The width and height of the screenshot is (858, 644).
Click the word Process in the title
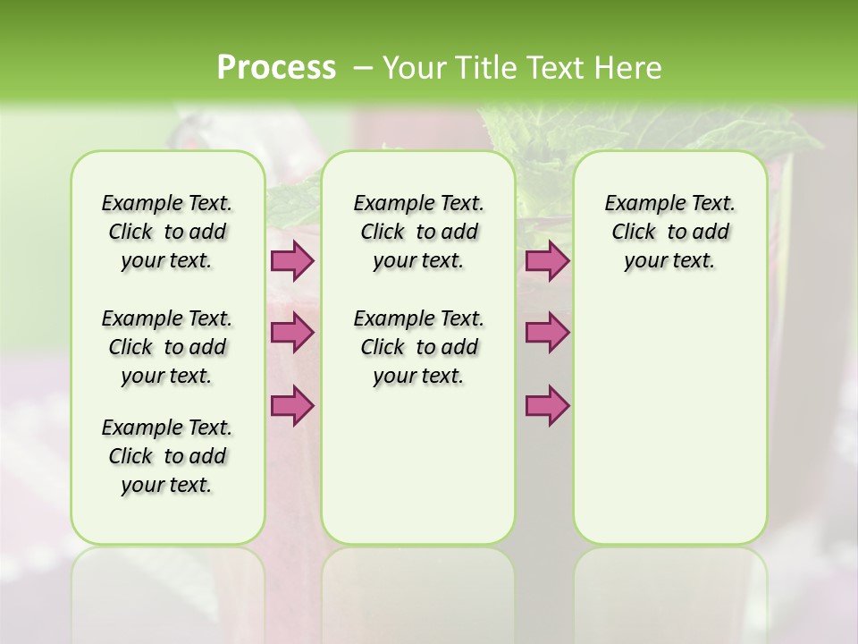pyautogui.click(x=276, y=67)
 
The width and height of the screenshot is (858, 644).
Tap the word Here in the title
pyautogui.click(x=629, y=68)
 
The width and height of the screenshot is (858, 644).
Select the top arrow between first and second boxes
pyautogui.click(x=292, y=261)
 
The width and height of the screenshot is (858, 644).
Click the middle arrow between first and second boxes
pyautogui.click(x=292, y=334)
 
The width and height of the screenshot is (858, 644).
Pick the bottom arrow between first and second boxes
pyautogui.click(x=292, y=406)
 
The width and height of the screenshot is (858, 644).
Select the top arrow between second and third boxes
pyautogui.click(x=547, y=261)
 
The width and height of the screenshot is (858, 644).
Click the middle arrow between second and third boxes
pyautogui.click(x=547, y=334)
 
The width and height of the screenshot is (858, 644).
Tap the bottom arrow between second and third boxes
pyautogui.click(x=547, y=406)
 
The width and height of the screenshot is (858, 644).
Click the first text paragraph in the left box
pyautogui.click(x=167, y=232)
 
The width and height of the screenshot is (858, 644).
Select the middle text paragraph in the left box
pyautogui.click(x=167, y=347)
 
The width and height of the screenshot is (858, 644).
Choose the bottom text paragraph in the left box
pyautogui.click(x=167, y=456)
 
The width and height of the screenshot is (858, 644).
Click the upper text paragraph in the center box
pyautogui.click(x=418, y=232)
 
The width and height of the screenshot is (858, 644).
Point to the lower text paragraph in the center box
pyautogui.click(x=418, y=347)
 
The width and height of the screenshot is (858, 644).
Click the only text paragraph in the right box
pyautogui.click(x=669, y=232)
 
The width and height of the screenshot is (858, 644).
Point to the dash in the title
pyautogui.click(x=363, y=68)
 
